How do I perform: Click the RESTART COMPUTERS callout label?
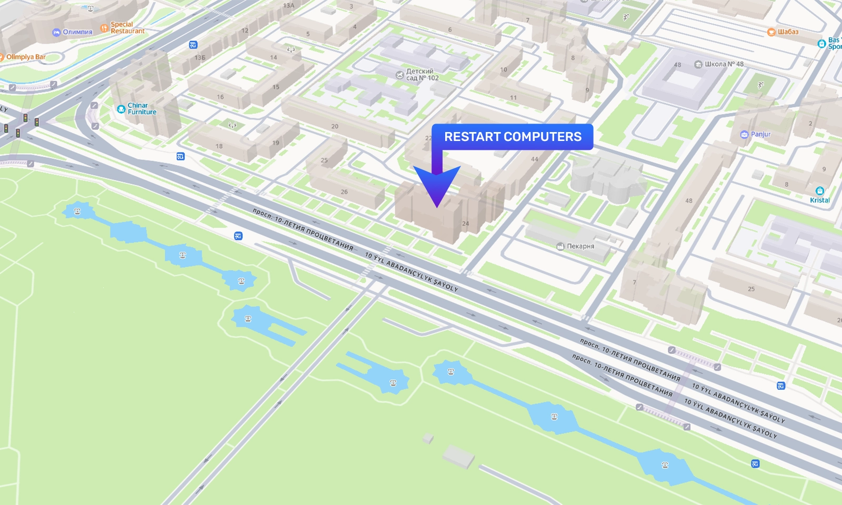513,137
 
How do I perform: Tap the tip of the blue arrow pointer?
437,206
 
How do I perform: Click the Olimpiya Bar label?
26,57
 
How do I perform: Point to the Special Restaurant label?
127,28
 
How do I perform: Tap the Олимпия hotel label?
77,32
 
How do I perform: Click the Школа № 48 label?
724,64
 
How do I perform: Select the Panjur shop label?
760,134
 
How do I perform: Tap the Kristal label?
820,200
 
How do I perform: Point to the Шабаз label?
788,32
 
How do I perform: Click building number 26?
344,192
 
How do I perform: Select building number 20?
335,127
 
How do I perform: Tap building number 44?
535,159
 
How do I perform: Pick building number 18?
219,146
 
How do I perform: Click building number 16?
220,97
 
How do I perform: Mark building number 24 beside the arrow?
465,224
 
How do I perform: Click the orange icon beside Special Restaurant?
104,28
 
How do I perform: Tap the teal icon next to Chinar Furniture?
121,109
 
